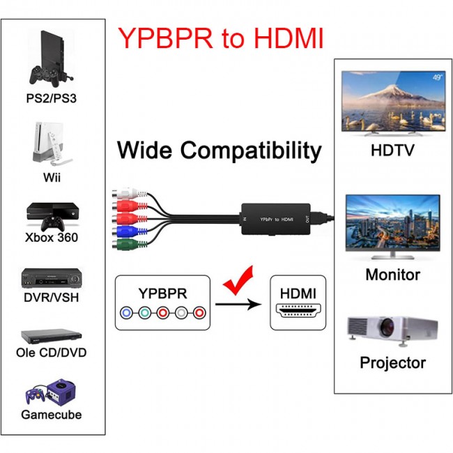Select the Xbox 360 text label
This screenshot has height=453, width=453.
click(52, 238)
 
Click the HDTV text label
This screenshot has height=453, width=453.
click(392, 151)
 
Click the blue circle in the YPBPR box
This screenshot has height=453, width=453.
click(126, 312)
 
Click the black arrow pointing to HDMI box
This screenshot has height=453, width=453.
click(237, 304)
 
